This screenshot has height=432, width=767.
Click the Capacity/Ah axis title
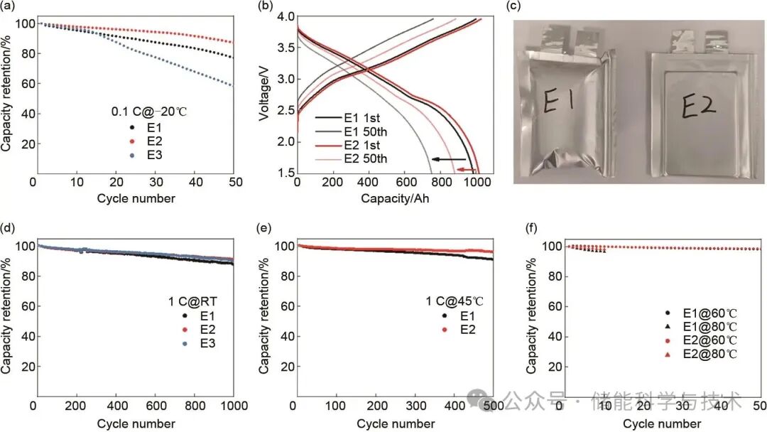[x=395, y=198]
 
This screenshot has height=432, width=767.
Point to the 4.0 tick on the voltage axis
[x=284, y=16]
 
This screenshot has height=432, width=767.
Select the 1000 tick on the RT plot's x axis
[x=233, y=406]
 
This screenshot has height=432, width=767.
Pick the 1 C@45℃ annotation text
[x=455, y=301]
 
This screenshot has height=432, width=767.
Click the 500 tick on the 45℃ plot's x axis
[x=492, y=406]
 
